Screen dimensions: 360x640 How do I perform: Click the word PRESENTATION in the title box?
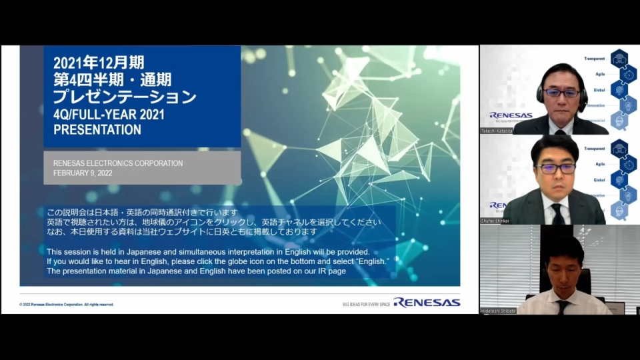tap(97, 130)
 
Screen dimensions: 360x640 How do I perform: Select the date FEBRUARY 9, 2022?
tap(83, 173)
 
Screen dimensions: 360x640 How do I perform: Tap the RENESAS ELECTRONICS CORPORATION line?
tap(118, 163)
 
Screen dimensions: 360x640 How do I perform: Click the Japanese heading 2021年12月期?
tap(99, 63)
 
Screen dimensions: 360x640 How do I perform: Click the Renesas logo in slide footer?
tap(427, 303)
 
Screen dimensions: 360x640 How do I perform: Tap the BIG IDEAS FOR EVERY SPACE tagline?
tap(366, 304)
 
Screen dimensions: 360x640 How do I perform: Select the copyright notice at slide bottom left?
tap(67, 304)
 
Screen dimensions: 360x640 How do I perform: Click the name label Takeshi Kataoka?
tap(497, 131)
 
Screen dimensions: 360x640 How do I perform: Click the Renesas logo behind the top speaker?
tap(511, 115)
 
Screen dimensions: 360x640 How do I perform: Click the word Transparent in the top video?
tap(594, 59)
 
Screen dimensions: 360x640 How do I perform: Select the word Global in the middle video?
tap(599, 179)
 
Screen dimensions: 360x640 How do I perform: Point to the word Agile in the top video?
tap(599, 74)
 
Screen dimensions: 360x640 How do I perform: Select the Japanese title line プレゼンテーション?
tap(125, 97)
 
